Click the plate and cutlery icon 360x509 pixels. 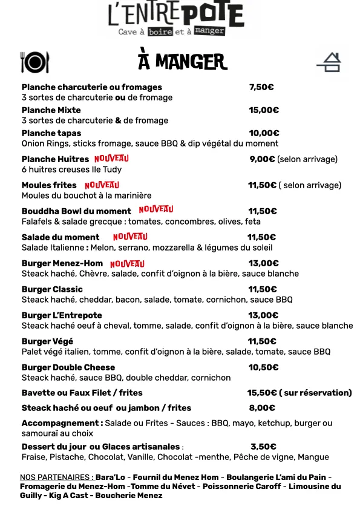tap(34, 62)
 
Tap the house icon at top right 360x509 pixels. tap(329, 62)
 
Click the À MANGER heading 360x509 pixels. tap(182, 61)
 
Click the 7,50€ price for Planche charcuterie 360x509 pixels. tap(261, 87)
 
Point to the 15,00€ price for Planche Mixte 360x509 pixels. tap(264, 110)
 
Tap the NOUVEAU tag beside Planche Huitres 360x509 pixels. tap(112, 159)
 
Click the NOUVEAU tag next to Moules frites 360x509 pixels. tap(102, 185)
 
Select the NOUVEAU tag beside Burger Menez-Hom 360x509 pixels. tap(127, 263)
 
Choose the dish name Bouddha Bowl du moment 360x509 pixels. tap(76, 211)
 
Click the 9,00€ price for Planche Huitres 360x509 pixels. tap(263, 159)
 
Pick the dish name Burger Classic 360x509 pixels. tap(52, 289)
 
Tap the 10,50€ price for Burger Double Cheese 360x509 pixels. tap(263, 367)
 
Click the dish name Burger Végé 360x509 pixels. tap(47, 341)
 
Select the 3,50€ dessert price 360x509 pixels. tap(263, 447)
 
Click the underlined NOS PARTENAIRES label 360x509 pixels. tap(57, 477)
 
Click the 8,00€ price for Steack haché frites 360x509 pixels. tap(262, 408)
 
